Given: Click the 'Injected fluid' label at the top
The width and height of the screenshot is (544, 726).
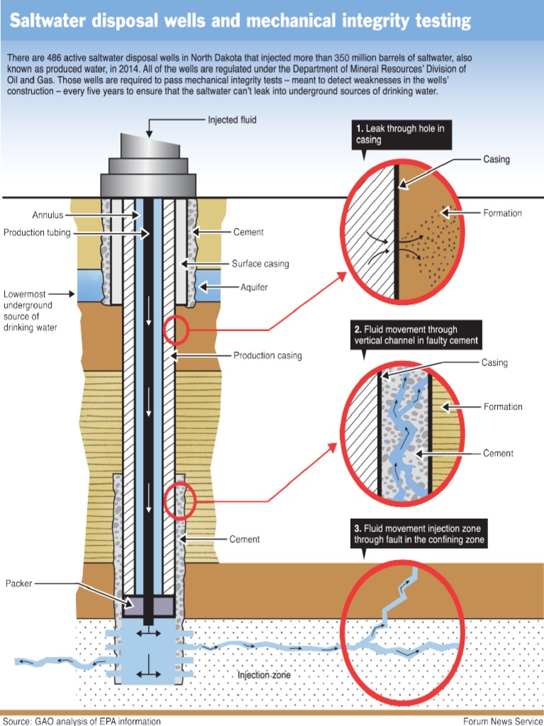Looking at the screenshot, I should tap(232, 120).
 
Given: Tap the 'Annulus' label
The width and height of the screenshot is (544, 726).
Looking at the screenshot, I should tap(48, 215).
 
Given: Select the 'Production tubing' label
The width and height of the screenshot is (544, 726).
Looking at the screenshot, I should tap(37, 233).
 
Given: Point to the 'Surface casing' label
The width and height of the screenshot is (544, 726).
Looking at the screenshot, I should tap(260, 264).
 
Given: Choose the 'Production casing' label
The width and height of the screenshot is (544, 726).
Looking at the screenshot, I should tap(267, 355).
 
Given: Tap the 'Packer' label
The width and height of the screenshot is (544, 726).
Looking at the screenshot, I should tap(19, 583).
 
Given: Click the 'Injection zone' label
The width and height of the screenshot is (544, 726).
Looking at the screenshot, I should tap(263, 676).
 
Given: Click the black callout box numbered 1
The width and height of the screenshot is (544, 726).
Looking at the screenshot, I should tap(401, 134).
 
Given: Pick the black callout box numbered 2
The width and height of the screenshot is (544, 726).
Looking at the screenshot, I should tap(416, 335).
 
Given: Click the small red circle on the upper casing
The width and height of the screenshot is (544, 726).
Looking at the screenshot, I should tap(176, 329).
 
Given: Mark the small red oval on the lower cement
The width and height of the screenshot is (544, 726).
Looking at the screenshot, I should tap(178, 501).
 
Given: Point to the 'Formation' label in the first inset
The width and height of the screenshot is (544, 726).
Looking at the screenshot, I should tap(502, 213).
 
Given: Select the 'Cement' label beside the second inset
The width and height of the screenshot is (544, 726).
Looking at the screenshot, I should tap(498, 453).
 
